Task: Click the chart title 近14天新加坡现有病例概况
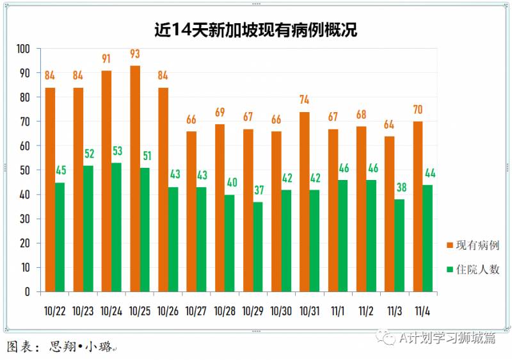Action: (x=255, y=29)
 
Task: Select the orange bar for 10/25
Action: (x=135, y=179)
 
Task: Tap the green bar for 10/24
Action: (x=116, y=227)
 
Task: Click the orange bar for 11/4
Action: (x=418, y=206)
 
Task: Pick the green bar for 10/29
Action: (x=258, y=247)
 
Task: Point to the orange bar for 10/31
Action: (x=305, y=202)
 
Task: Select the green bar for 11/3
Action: (x=399, y=245)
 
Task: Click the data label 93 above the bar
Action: (x=135, y=54)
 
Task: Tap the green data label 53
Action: (x=116, y=151)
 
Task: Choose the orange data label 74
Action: (x=305, y=100)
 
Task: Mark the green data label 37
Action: (x=258, y=190)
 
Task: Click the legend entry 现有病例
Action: (x=473, y=245)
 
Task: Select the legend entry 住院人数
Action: (x=473, y=270)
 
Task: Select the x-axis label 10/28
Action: (x=225, y=311)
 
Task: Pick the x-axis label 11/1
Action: (x=338, y=311)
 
